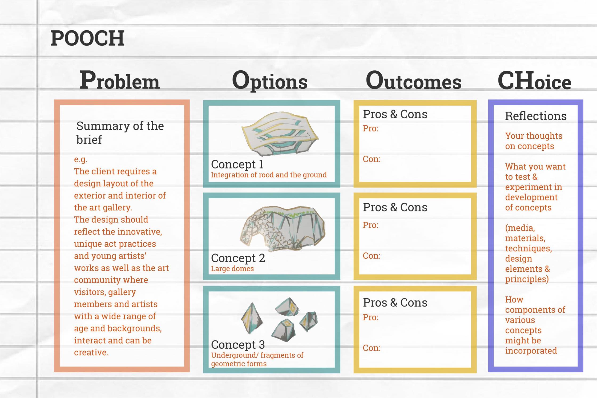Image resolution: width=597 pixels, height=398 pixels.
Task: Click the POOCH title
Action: (87, 38)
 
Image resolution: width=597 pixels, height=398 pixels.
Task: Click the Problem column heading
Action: (120, 80)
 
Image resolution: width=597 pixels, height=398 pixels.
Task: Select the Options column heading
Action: (270, 81)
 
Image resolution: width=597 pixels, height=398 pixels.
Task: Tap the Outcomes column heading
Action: (413, 81)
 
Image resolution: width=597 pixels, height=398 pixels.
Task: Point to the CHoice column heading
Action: (534, 81)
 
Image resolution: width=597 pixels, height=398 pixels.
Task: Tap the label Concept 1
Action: (237, 164)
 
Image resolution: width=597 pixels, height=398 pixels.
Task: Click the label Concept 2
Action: (238, 258)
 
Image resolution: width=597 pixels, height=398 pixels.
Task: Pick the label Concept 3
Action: (238, 345)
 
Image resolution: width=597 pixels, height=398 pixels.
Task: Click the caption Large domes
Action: (232, 269)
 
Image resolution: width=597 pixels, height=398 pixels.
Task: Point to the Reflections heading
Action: (536, 116)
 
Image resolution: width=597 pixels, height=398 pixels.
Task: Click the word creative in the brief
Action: (91, 352)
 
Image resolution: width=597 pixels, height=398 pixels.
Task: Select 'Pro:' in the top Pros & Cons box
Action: (370, 128)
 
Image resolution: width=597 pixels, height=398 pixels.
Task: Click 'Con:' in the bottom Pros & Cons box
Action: (372, 348)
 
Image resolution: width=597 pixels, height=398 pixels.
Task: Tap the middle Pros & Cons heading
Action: (395, 207)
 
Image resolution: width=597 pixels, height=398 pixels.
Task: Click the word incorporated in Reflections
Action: (531, 351)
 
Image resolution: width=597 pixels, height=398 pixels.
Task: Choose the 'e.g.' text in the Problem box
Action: (80, 159)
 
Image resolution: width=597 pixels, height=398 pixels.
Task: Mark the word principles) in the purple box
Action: (527, 279)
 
